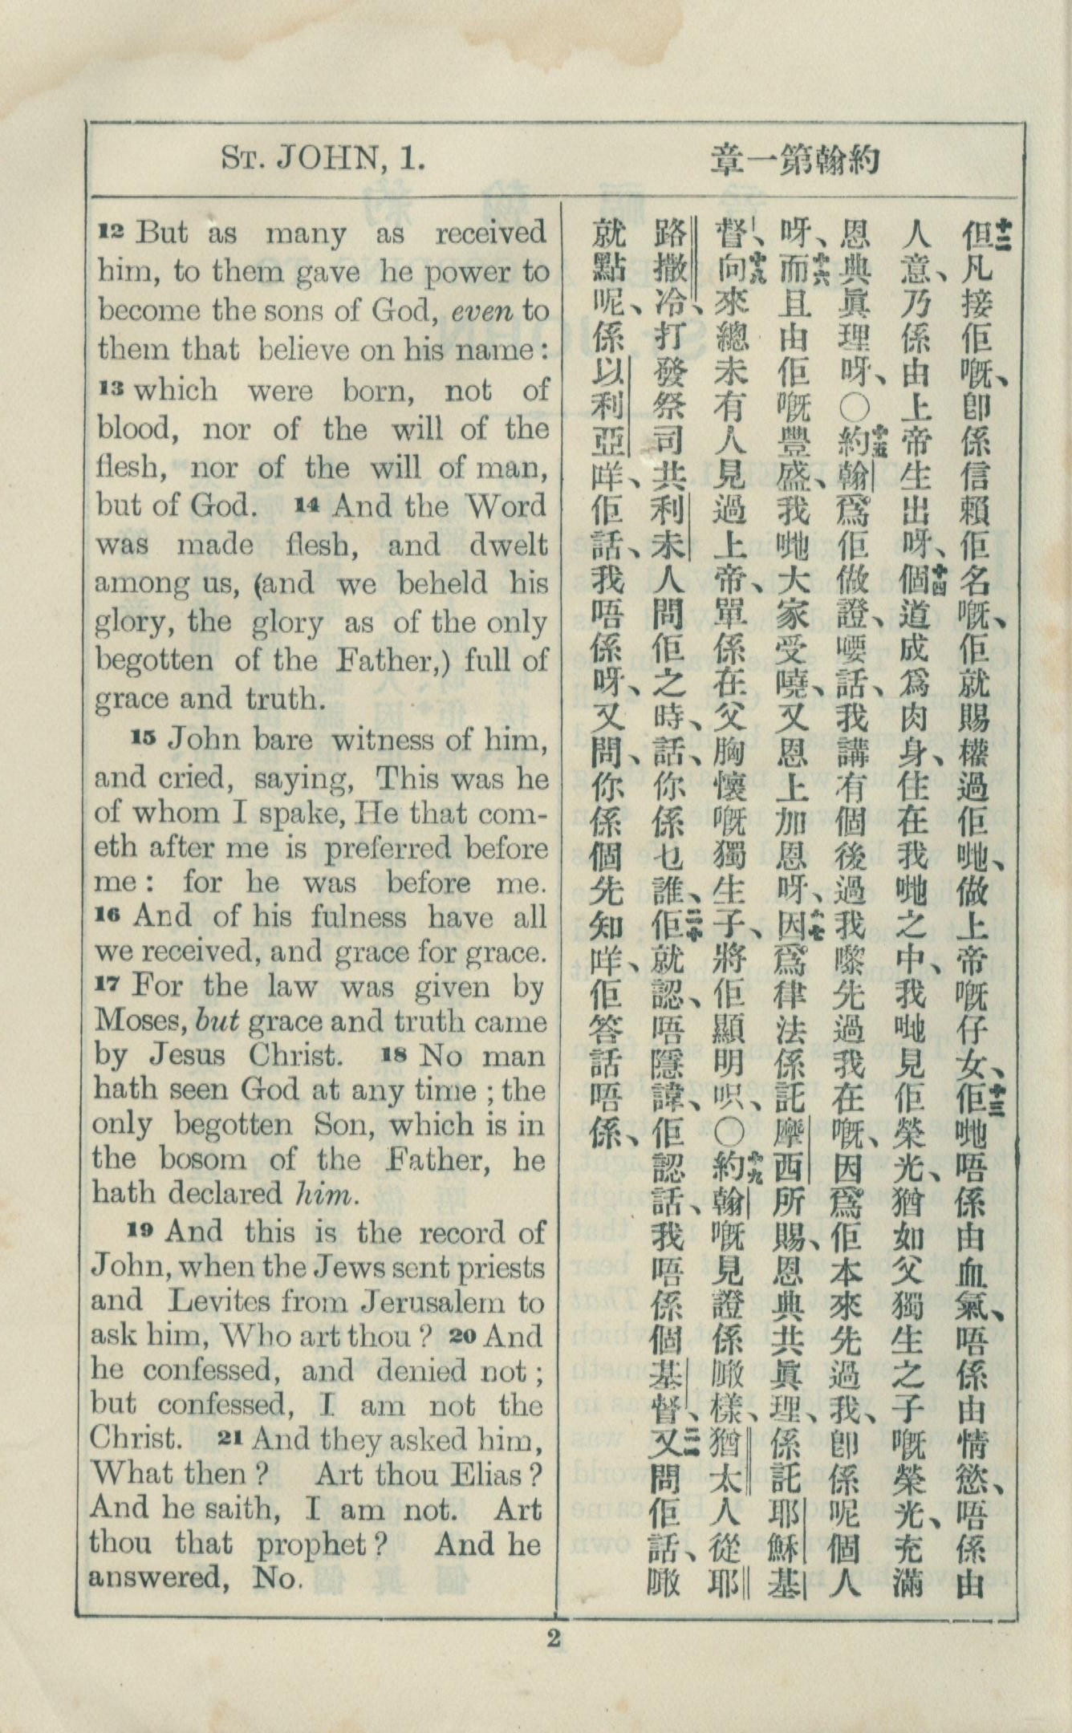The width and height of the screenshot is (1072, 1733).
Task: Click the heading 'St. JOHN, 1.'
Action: pyautogui.click(x=322, y=160)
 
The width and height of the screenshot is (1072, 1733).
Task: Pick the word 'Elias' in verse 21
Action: pyautogui.click(x=489, y=1473)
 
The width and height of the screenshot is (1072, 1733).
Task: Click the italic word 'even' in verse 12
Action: pyautogui.click(x=480, y=311)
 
